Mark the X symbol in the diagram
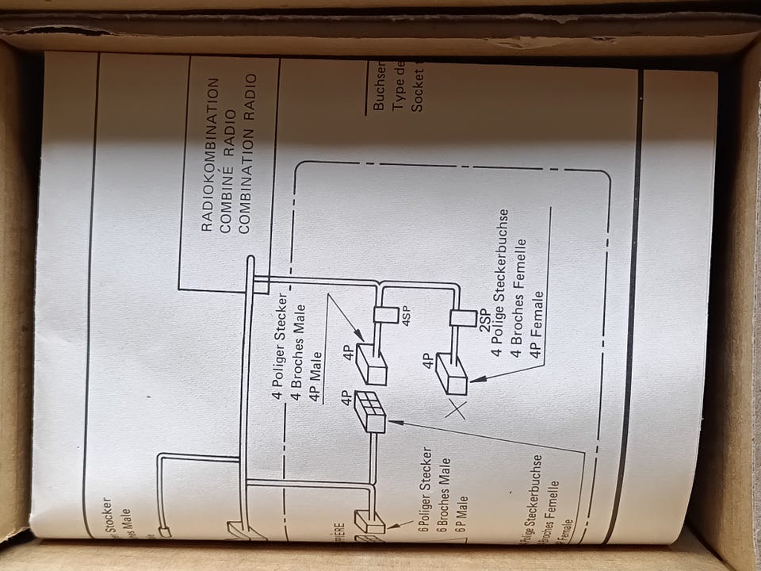tap(457, 408)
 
